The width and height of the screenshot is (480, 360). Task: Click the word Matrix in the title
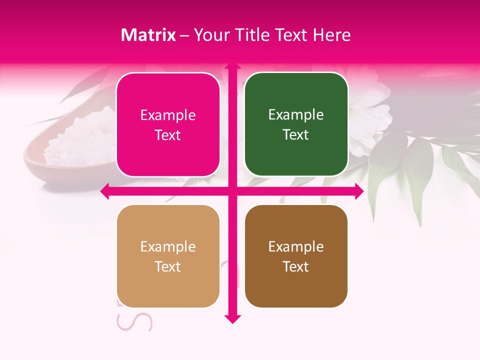[x=148, y=35]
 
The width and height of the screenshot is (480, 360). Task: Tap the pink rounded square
[x=168, y=125]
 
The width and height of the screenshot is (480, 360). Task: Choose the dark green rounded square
[x=296, y=124]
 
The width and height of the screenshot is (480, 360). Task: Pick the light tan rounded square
[x=168, y=256]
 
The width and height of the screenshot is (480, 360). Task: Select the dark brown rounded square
[x=296, y=256]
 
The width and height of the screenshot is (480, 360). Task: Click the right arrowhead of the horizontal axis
[x=359, y=191]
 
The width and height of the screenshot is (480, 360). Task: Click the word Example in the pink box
[x=168, y=115]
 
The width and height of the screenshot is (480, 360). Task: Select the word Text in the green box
[x=296, y=135]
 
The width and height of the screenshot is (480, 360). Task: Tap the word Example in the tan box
[x=168, y=247]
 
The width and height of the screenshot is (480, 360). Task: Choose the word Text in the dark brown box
[x=296, y=266]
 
